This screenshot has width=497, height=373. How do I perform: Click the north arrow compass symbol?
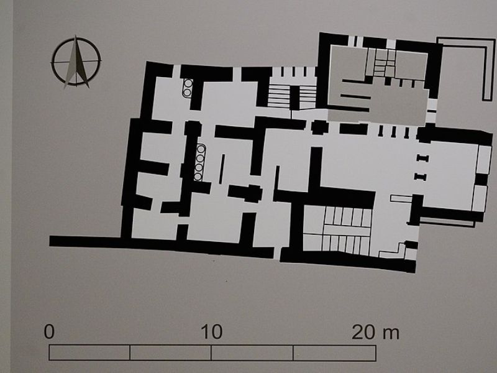pos(76,62)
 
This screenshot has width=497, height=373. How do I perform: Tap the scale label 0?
pos(50,331)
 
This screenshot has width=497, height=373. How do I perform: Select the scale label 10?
pos(211,331)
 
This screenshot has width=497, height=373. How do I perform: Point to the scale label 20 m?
pos(375,331)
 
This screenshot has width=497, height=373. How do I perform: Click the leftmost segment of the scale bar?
pos(89,352)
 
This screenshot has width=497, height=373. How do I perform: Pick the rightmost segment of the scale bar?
pos(334,352)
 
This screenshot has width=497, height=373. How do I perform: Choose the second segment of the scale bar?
pos(171,352)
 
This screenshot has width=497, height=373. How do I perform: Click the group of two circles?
pos(187,88)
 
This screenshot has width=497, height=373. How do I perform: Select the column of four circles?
pos(199,163)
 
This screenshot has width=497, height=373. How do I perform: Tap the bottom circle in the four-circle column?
pos(198,177)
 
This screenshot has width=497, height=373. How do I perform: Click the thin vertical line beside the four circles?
pos(221,168)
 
